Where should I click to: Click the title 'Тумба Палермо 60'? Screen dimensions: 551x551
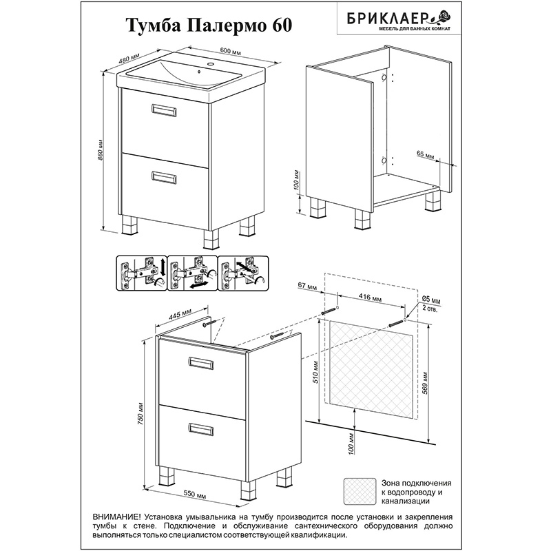click(209, 25)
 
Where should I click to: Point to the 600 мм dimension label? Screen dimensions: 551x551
click(230, 50)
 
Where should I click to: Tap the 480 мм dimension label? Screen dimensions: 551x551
click(129, 58)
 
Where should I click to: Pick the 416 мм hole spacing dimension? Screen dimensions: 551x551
click(371, 298)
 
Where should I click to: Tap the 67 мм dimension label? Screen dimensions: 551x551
click(307, 287)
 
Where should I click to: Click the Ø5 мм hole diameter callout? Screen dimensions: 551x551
click(430, 300)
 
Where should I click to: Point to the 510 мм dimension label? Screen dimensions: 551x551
click(315, 372)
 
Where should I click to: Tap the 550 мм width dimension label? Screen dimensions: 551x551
click(194, 495)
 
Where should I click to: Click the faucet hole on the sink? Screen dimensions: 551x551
click(211, 64)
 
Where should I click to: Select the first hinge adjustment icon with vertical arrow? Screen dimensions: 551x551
click(142, 273)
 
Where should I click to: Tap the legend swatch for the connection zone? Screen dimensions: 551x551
click(360, 491)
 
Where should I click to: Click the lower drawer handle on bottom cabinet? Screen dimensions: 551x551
click(200, 429)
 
